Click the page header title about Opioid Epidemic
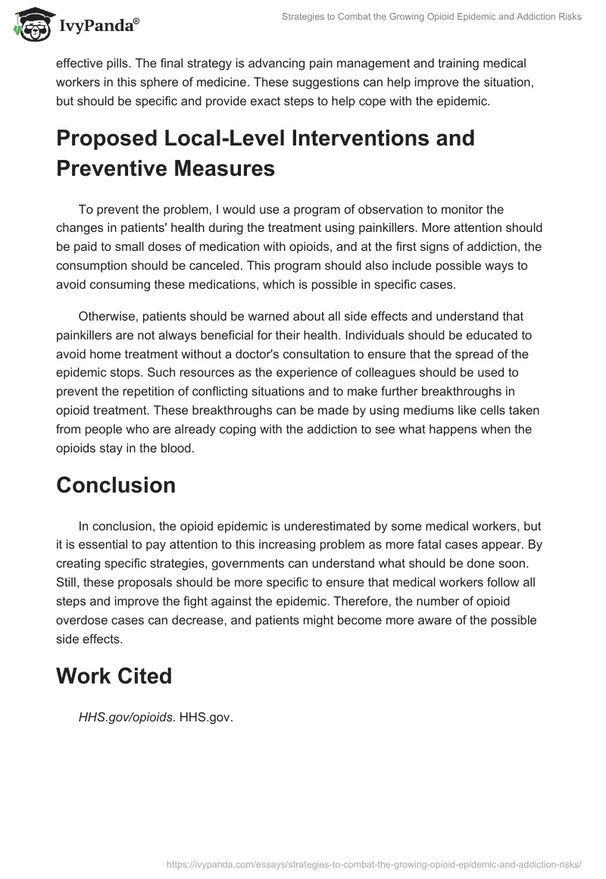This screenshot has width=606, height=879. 430,17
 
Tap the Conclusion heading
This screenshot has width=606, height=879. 115,485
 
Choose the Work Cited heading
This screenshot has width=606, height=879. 114,676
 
